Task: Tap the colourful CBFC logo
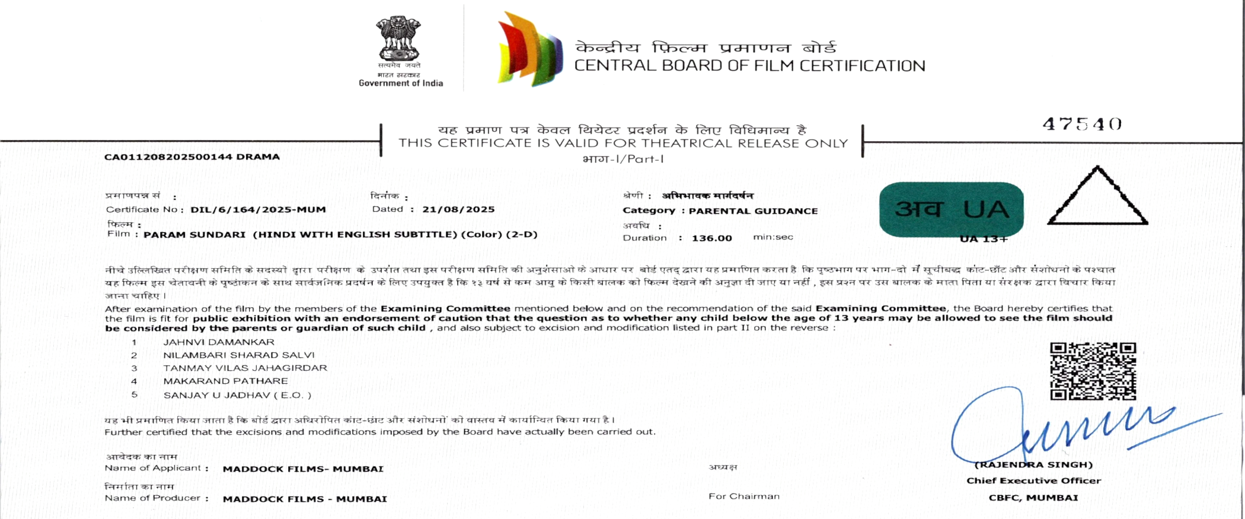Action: (x=529, y=49)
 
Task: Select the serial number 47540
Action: (x=1082, y=124)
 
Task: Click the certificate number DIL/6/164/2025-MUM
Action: (x=258, y=210)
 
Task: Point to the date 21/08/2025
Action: (x=458, y=209)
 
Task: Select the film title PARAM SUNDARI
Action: (x=194, y=235)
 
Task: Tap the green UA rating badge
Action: (x=951, y=209)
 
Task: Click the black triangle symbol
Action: (x=1097, y=199)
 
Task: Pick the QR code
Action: (x=1093, y=371)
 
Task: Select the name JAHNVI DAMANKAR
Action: (x=219, y=342)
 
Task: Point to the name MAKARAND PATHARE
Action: (x=225, y=381)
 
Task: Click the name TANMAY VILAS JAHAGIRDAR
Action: (x=245, y=368)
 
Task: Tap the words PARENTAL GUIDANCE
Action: (x=753, y=211)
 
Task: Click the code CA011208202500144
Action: (x=168, y=157)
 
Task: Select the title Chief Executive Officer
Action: (x=1033, y=481)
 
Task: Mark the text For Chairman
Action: (x=743, y=496)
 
